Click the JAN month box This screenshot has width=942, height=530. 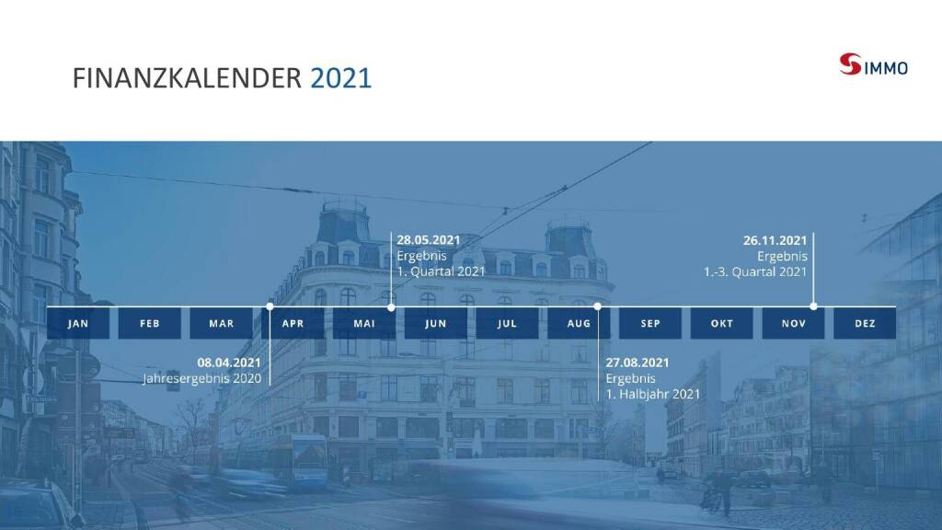tap(78, 323)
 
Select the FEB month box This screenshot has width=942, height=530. tap(150, 323)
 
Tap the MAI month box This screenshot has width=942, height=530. tap(364, 323)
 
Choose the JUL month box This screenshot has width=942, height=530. tap(507, 323)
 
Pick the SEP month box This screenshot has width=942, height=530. tap(650, 323)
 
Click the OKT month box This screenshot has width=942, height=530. tap(721, 323)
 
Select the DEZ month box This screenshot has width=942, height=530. tap(865, 323)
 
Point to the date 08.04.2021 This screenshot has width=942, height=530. tap(229, 363)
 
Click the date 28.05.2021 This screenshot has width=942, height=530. tap(429, 240)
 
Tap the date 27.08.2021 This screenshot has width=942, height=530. tap(638, 363)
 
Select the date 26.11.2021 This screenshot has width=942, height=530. tap(775, 240)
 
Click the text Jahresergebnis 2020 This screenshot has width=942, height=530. tap(201, 378)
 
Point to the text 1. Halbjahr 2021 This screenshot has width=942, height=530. tap(653, 394)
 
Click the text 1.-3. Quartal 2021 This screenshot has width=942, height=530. tap(755, 271)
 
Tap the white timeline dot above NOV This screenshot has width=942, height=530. tap(813, 306)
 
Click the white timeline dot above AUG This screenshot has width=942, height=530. tap(597, 306)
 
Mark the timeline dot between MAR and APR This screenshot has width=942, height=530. tap(270, 306)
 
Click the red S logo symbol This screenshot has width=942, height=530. tap(850, 64)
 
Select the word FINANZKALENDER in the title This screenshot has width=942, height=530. tap(187, 78)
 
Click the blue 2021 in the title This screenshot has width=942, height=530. tap(340, 78)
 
